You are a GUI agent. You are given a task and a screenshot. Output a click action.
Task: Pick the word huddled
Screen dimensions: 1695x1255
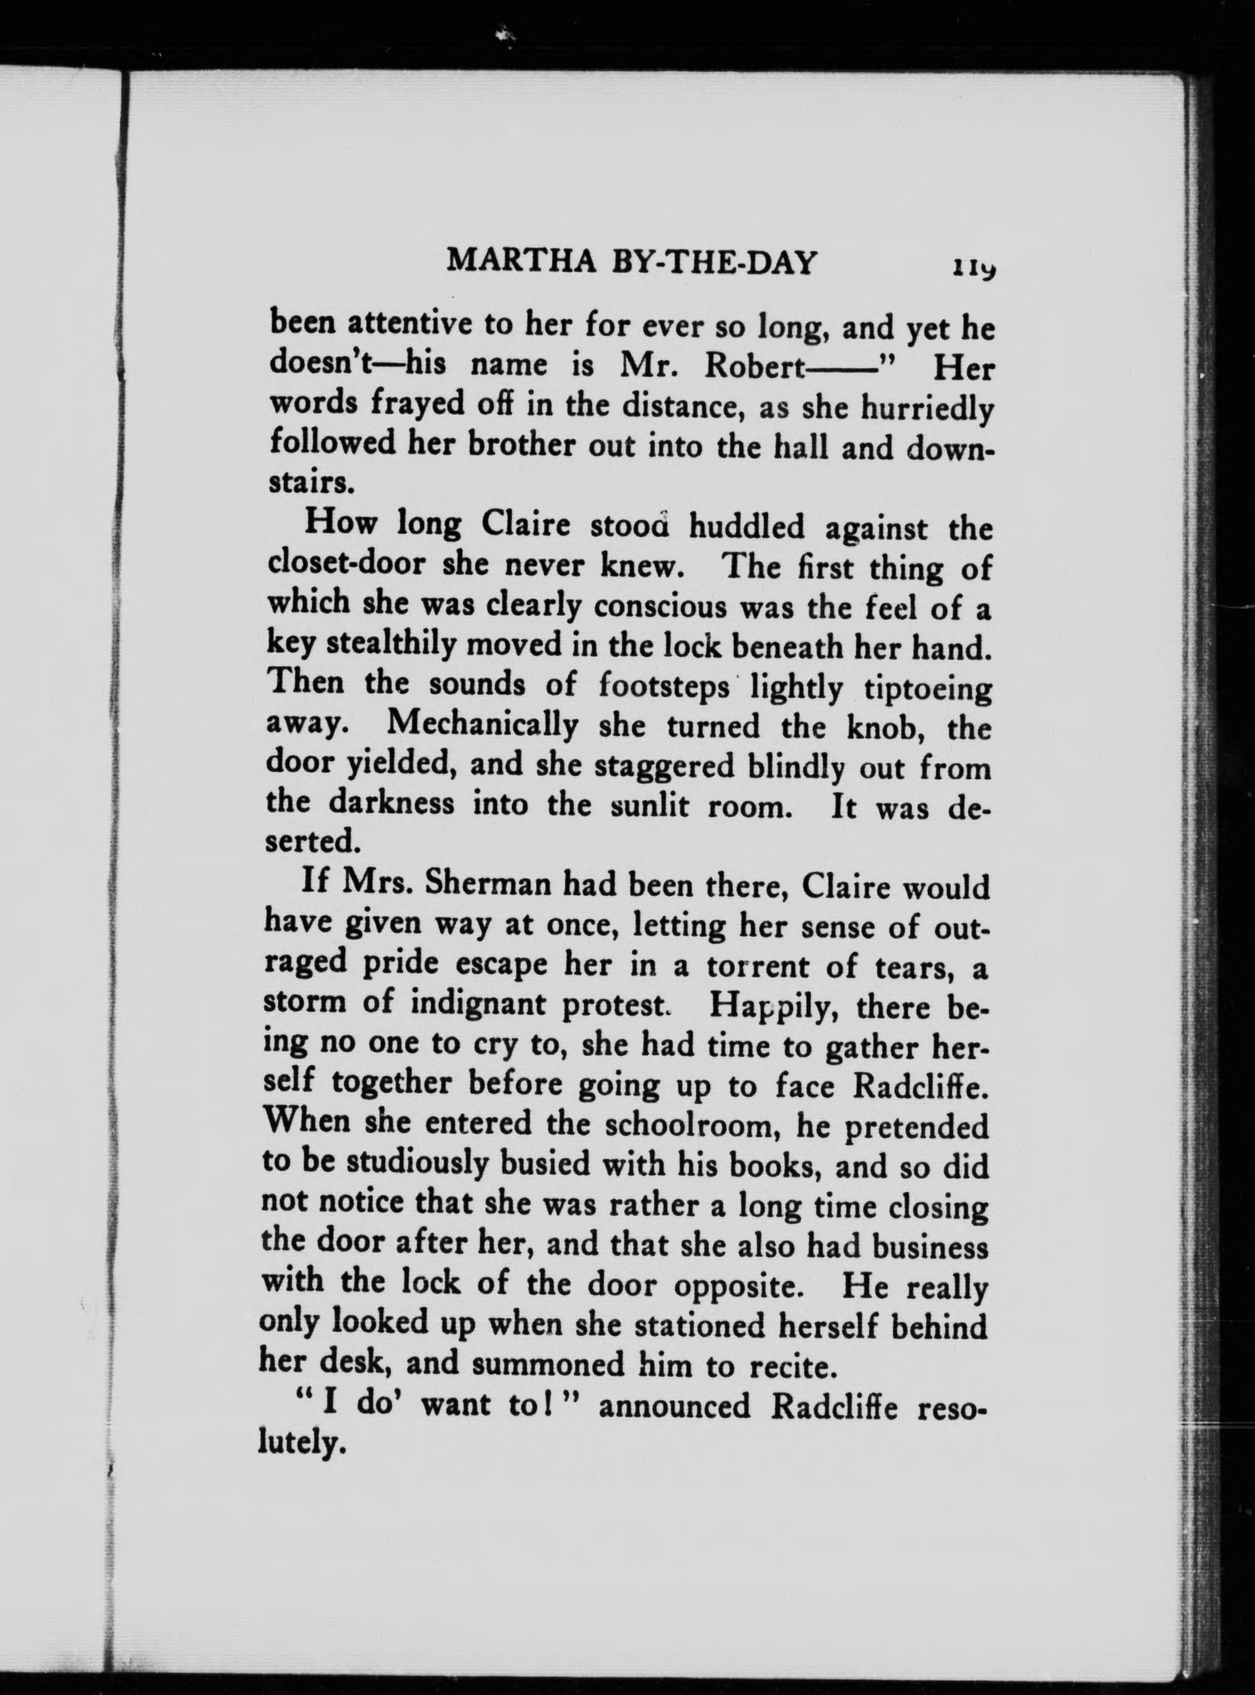point(747,527)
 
